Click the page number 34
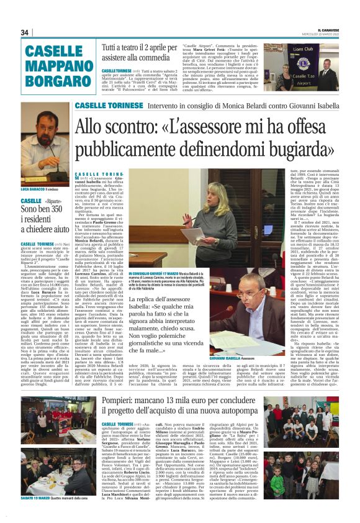tap(25, 32)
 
